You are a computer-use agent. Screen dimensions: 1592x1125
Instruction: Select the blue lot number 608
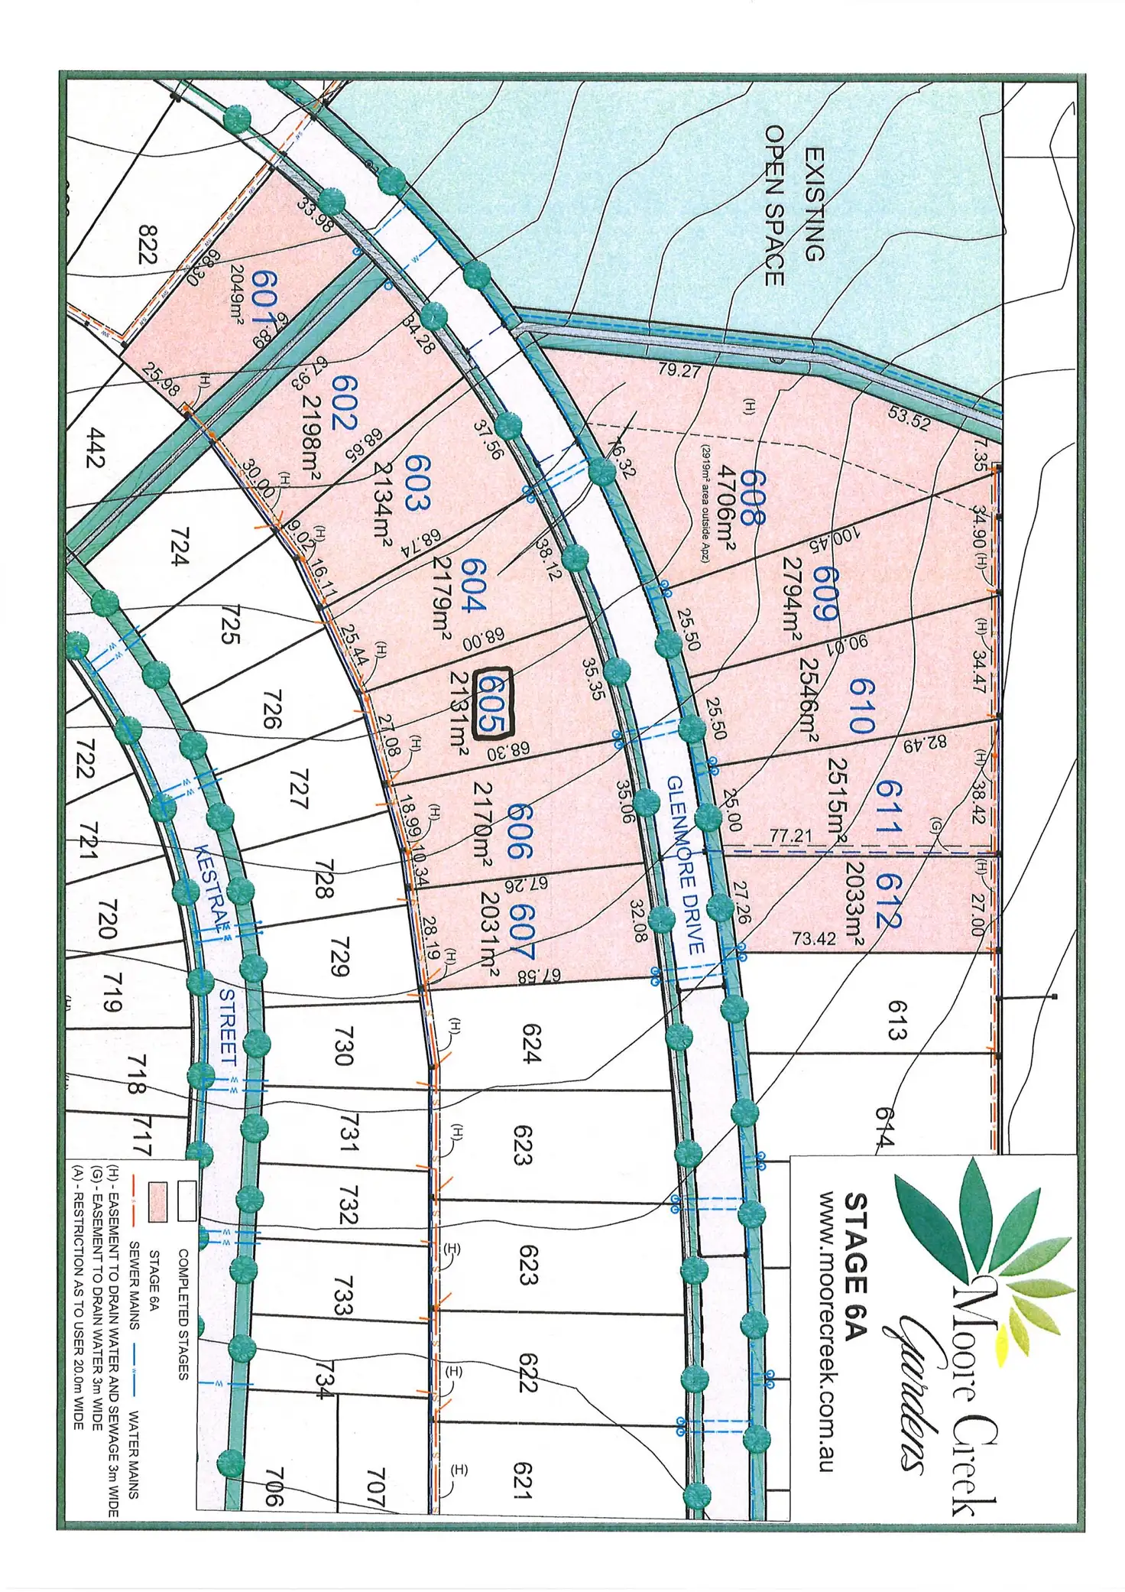tap(751, 498)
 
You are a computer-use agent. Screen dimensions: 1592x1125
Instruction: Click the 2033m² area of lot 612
tap(854, 904)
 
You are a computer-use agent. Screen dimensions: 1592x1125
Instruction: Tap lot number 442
tap(96, 448)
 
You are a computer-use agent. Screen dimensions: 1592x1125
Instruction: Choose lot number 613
tap(896, 1020)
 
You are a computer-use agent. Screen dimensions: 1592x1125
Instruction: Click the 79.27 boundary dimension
tap(679, 371)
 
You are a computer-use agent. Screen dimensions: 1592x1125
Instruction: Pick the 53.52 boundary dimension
tap(909, 418)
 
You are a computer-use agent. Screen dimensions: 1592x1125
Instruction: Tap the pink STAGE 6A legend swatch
tap(157, 1201)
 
